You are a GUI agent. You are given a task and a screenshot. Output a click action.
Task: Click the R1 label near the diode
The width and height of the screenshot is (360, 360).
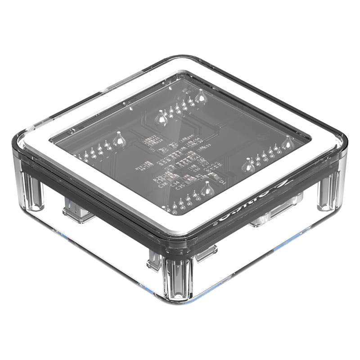coord(199,176)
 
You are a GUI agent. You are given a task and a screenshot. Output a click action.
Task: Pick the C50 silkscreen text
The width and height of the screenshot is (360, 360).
coord(195,168)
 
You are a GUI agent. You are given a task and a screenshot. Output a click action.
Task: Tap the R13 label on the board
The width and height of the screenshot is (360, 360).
coord(139,167)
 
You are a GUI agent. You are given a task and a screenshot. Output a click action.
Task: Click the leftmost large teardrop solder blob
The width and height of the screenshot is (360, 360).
coord(119,139)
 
